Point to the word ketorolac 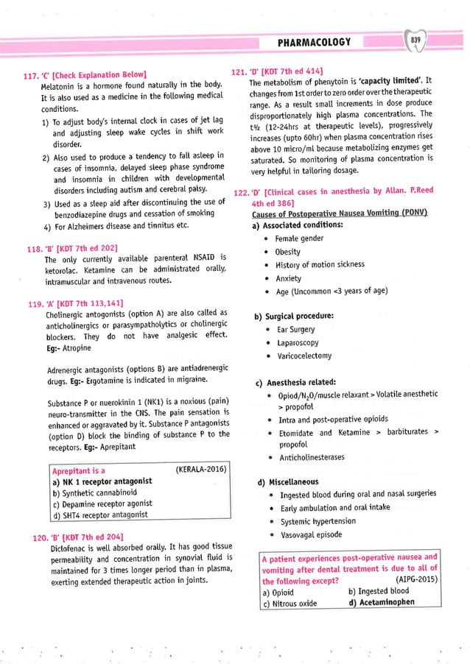coord(63,270)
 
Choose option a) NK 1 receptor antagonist coord(102,481)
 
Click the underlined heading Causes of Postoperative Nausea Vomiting coord(340,213)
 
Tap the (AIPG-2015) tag coord(413,579)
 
